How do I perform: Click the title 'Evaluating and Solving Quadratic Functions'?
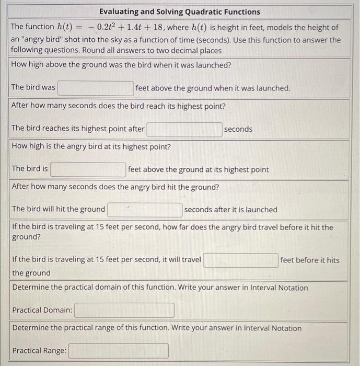tap(179, 12)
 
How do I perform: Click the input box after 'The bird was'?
tap(96, 88)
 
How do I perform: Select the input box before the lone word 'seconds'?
tap(184, 129)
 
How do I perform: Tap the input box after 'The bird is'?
tap(88, 169)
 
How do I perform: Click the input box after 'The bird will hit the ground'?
tap(145, 210)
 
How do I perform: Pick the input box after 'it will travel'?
tap(240, 260)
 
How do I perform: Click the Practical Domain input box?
tap(124, 310)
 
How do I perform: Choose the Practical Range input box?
tap(118, 351)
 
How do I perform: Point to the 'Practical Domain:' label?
tap(42, 310)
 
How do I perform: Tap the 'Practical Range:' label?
tap(39, 351)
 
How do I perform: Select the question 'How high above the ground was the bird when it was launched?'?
tap(121, 65)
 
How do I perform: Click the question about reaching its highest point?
tap(119, 106)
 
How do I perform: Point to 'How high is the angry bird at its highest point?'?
tap(91, 146)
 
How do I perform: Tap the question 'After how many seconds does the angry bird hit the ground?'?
tap(115, 187)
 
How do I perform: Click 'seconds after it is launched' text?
tap(230, 210)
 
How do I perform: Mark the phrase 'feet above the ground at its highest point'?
tap(199, 169)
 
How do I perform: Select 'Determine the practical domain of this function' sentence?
tap(160, 288)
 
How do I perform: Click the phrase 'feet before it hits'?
tap(310, 260)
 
